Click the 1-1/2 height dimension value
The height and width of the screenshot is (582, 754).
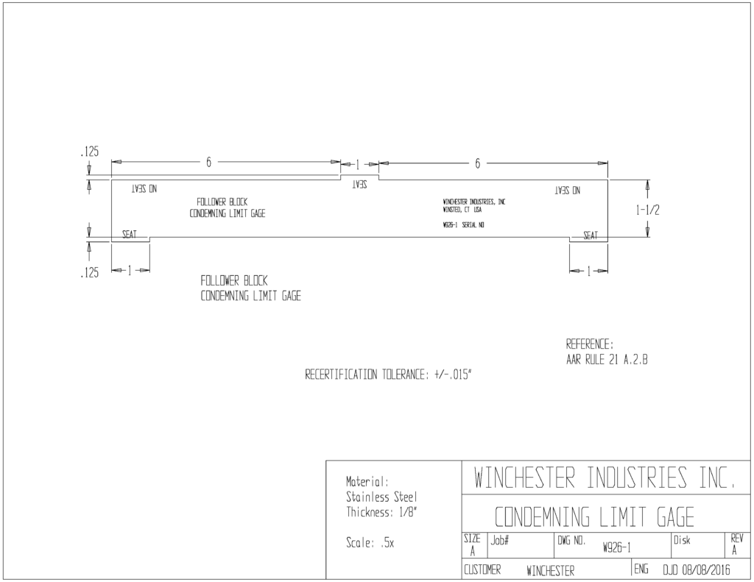pos(648,210)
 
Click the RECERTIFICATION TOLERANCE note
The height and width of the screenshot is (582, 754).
pos(389,375)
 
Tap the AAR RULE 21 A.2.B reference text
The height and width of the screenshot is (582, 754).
pos(607,360)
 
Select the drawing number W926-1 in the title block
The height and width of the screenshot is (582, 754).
pos(616,547)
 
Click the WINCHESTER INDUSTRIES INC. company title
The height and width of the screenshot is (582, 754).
pos(605,478)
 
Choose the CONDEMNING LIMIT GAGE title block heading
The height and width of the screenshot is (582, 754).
pos(594,517)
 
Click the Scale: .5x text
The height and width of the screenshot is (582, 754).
pos(370,543)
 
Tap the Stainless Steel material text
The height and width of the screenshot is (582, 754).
pos(382,497)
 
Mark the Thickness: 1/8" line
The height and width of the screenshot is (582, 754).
pos(381,512)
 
